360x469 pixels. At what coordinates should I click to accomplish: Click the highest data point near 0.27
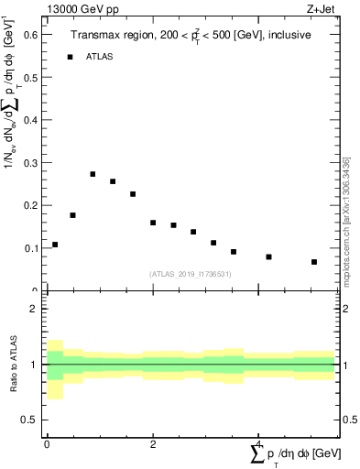tap(93, 174)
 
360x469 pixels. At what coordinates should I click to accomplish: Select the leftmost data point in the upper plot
tap(55, 245)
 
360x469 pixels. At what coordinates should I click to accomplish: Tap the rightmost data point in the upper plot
tap(314, 262)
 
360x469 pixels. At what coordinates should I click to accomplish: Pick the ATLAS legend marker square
tap(70, 57)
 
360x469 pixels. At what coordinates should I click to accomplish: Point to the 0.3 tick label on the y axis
tap(31, 162)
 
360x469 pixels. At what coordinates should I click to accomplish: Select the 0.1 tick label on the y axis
tap(31, 248)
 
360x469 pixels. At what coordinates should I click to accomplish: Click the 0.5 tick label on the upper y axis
tap(31, 77)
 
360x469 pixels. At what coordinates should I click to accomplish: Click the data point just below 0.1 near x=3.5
tap(234, 252)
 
